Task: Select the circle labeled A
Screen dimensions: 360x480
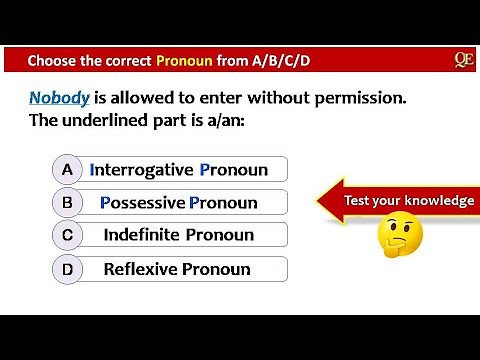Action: coord(66,170)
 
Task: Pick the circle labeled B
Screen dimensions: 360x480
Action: coord(66,203)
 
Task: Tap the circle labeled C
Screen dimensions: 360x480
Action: coord(66,236)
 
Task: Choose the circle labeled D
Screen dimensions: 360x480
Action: coord(66,269)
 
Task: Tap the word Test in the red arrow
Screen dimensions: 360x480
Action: coord(357,201)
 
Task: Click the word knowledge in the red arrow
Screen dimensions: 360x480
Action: coord(440,201)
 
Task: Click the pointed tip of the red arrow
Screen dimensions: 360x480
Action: coord(319,201)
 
